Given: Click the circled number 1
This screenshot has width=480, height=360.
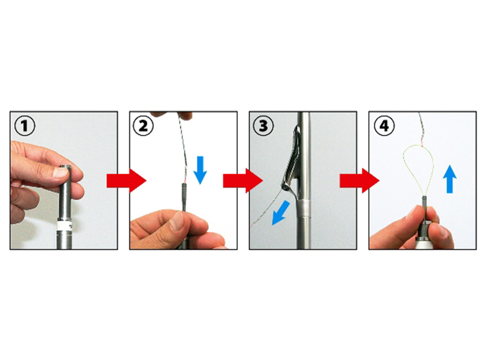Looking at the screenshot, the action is click(x=25, y=126).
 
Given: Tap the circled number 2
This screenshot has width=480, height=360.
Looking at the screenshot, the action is click(x=143, y=126).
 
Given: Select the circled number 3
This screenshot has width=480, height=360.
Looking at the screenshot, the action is click(x=263, y=126).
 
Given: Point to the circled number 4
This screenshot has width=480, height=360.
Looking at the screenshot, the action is click(x=384, y=126).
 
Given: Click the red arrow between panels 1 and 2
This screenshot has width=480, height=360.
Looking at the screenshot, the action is click(x=126, y=180).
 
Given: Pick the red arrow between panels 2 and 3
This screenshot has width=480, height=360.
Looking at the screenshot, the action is click(x=243, y=180).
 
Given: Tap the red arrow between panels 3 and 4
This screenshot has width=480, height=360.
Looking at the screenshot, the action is click(x=359, y=180).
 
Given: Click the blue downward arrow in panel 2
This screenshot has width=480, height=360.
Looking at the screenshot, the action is click(x=200, y=170).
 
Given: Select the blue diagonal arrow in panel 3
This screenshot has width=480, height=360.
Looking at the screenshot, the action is click(x=280, y=213).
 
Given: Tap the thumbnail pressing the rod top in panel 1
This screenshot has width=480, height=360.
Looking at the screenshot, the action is click(x=60, y=172).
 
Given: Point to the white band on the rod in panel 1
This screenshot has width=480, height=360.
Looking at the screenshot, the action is click(x=65, y=225).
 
